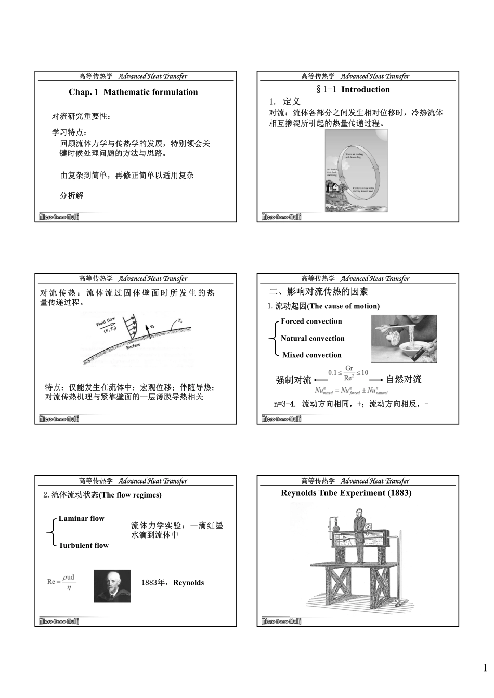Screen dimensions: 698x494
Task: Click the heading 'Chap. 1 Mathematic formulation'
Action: coord(133,92)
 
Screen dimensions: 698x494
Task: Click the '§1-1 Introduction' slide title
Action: coord(353,90)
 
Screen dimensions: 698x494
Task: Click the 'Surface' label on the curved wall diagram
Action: coord(133,346)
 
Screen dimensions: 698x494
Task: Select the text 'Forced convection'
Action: coord(311,321)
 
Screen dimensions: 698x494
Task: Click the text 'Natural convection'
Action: coord(313,339)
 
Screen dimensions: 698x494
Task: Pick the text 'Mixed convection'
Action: coord(312,355)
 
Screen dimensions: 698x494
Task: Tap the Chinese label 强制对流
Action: coord(293,380)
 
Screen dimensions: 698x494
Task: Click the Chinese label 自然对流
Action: coord(404,380)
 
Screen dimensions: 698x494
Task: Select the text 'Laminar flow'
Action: coord(81,519)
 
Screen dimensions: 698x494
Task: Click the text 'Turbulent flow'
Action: coord(83,545)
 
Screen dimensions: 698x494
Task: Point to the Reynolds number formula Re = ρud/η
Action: coord(61,582)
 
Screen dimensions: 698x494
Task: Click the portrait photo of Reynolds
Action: coord(112,586)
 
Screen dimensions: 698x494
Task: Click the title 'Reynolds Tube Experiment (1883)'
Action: coord(346,493)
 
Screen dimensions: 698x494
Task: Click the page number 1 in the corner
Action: coord(485,668)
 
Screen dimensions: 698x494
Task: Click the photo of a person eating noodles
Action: coord(404,338)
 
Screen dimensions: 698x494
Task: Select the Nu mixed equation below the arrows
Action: coord(351,391)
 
